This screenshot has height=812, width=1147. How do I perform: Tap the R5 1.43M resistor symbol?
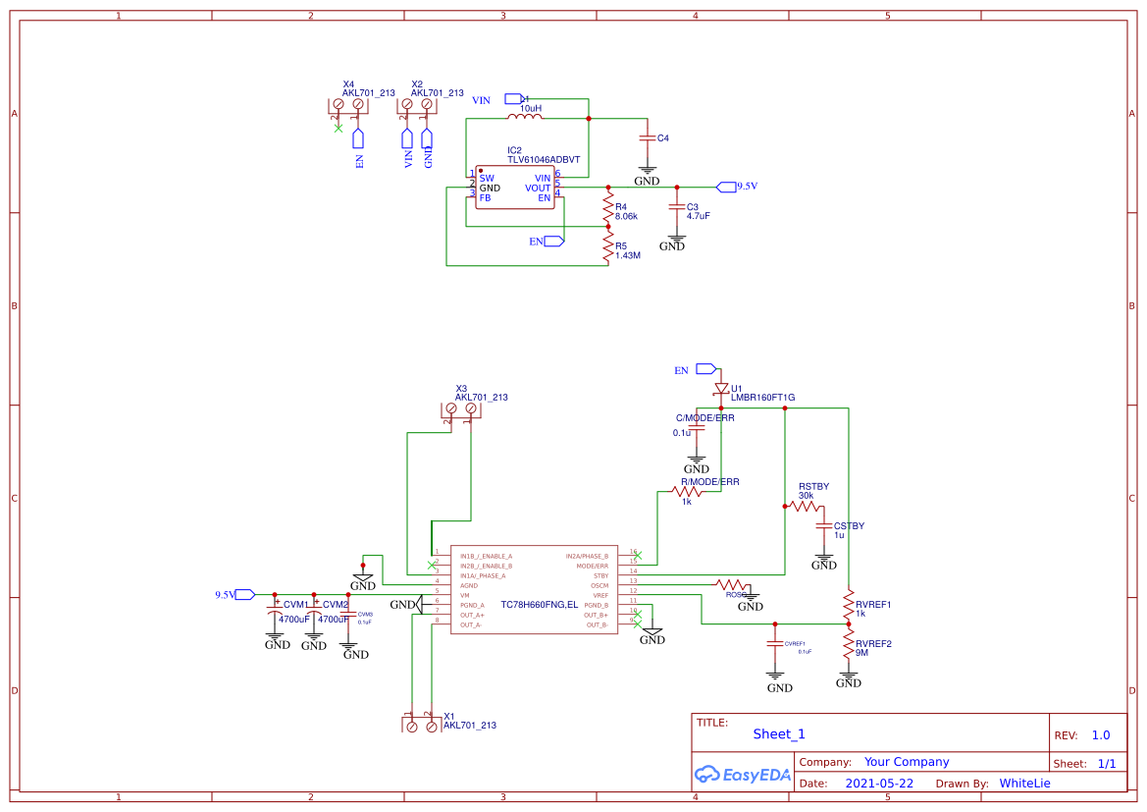(608, 249)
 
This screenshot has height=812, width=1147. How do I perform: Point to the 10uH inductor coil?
(524, 118)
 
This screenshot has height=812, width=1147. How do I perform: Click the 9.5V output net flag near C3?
(726, 186)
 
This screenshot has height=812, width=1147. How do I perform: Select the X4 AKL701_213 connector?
(348, 104)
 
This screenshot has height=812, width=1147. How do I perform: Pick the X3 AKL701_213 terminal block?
(461, 408)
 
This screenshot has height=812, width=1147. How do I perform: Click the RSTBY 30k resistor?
(806, 507)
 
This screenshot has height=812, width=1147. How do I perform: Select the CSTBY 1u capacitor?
(824, 526)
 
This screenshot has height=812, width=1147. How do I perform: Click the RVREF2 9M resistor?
(849, 644)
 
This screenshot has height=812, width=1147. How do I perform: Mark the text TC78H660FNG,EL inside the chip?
(539, 605)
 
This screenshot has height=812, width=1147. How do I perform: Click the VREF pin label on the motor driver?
(600, 595)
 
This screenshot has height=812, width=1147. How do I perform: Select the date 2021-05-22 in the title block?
(879, 784)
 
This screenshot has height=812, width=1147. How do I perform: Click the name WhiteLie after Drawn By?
(1024, 784)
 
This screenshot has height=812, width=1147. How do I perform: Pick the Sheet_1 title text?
(779, 733)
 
